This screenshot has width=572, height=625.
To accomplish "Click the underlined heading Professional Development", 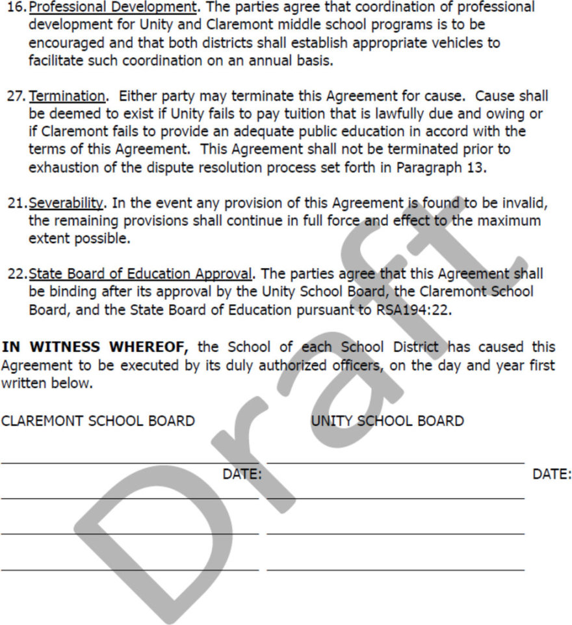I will [112, 8].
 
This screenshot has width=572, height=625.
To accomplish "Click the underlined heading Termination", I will [67, 96].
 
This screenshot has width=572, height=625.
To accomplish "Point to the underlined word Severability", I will [66, 203].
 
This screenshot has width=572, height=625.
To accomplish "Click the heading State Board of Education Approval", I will [140, 274].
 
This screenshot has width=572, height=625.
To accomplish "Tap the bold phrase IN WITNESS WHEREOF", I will [95, 347].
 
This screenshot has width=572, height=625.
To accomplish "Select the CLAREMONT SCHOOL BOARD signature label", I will [97, 421].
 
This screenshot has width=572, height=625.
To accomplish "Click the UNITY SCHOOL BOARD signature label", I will [387, 421].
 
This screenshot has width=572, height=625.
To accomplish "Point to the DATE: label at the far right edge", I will [552, 474].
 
